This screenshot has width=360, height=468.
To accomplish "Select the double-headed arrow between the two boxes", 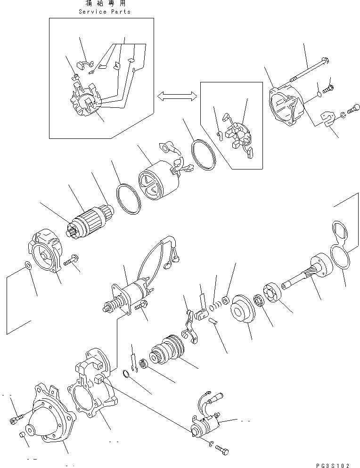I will click(x=177, y=96).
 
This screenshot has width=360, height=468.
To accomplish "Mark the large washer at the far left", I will click(x=28, y=266).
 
